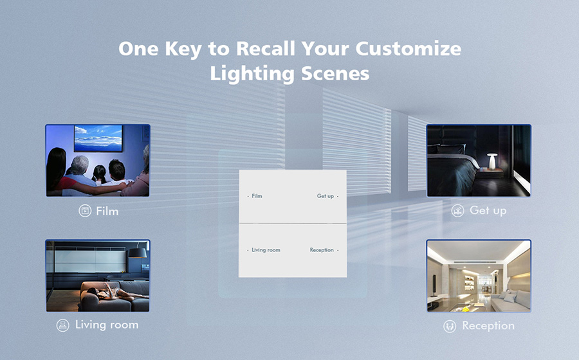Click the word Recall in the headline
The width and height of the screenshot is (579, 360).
[266, 48]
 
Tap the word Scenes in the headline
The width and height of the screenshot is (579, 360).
[335, 73]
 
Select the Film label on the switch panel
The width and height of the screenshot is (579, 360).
[257, 196]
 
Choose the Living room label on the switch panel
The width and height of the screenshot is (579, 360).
[266, 249]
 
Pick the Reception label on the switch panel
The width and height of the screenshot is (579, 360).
[322, 249]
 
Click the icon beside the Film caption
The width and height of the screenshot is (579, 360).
[85, 211]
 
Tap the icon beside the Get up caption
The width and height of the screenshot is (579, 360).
[457, 211]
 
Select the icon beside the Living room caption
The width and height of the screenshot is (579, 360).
[63, 325]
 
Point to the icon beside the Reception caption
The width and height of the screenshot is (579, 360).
[450, 326]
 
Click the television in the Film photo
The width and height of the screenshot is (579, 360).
[98, 138]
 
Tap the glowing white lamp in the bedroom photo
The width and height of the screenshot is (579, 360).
[492, 161]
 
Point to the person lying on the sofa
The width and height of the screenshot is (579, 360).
[115, 292]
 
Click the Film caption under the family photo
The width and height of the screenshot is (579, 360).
[107, 211]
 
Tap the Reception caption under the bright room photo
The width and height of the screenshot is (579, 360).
[488, 326]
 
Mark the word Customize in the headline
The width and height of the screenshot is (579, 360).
[409, 48]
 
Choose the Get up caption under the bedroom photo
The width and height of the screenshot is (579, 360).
[488, 211]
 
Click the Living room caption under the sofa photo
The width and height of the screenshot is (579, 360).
[107, 325]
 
